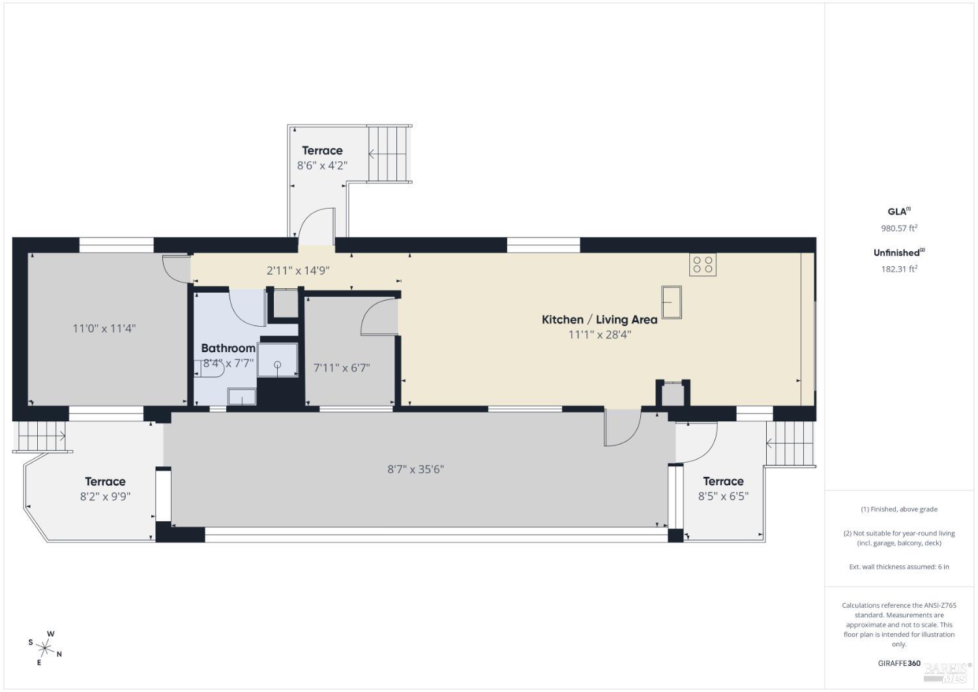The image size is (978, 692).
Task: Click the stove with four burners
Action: pyautogui.click(x=703, y=264)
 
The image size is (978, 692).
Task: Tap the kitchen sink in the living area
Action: pyautogui.click(x=672, y=302)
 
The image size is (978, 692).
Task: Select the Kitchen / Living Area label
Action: pyautogui.click(x=599, y=320)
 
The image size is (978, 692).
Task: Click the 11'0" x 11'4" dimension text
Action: pyautogui.click(x=104, y=328)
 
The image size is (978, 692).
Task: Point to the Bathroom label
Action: pyautogui.click(x=228, y=348)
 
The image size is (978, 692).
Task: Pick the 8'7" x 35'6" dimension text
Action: pyautogui.click(x=415, y=469)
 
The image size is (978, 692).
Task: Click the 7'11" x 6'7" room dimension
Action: pyautogui.click(x=342, y=368)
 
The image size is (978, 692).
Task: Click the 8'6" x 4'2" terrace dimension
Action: pyautogui.click(x=322, y=166)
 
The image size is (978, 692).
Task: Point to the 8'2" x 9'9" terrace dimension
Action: pyautogui.click(x=105, y=496)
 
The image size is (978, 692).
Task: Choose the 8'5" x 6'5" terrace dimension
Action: pyautogui.click(x=723, y=496)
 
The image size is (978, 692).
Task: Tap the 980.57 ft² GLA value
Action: pyautogui.click(x=899, y=228)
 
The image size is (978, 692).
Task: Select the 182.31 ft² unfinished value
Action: pyautogui.click(x=899, y=269)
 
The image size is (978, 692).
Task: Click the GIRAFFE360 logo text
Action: pyautogui.click(x=899, y=663)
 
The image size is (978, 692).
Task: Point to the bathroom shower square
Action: pyautogui.click(x=277, y=360)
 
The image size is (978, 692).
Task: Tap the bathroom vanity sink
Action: pyautogui.click(x=242, y=396)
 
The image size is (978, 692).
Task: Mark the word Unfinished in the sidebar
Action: pyautogui.click(x=896, y=253)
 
